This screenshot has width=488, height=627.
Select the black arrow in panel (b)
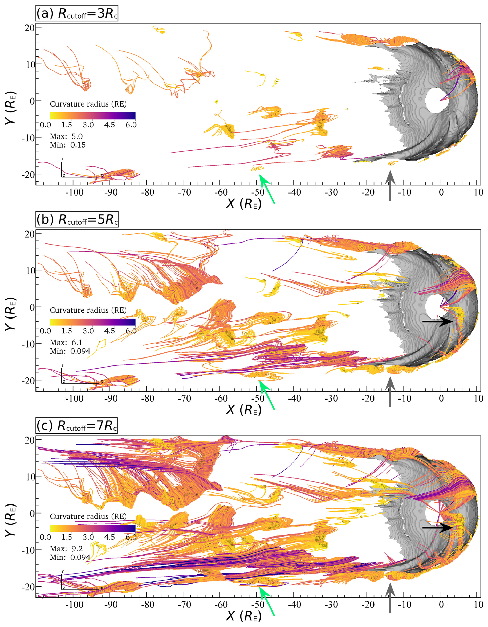point(438,322)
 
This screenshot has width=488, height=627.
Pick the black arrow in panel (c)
point(438,527)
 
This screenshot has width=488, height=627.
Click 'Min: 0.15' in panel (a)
point(68,145)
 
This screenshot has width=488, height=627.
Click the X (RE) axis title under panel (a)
point(244,204)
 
